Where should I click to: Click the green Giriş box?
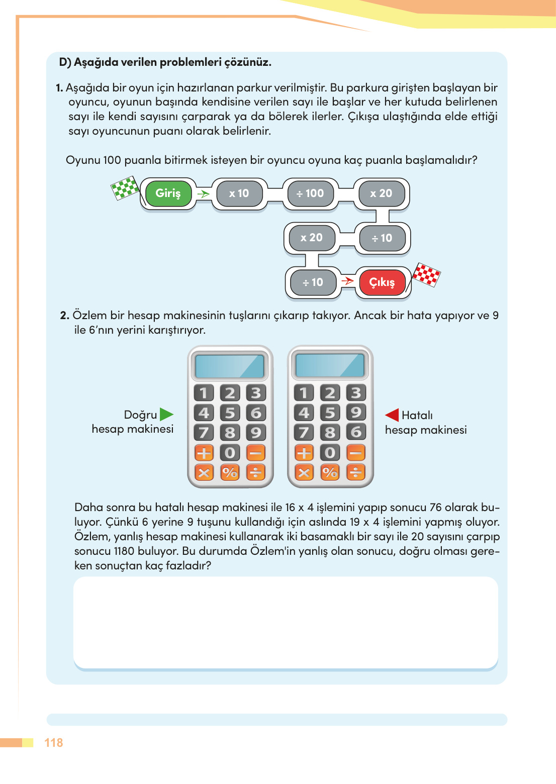tap(168, 193)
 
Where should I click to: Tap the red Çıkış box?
tap(382, 282)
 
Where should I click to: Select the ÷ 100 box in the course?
tap(310, 193)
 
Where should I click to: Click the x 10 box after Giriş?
tap(239, 193)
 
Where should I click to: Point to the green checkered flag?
tap(125, 188)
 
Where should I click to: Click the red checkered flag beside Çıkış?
tap(426, 274)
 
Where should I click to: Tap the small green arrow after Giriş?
tap(203, 193)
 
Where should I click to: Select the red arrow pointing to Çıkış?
tap(347, 280)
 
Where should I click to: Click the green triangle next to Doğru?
tap(166, 415)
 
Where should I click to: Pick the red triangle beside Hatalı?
tap(392, 415)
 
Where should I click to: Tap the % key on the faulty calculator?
tap(330, 472)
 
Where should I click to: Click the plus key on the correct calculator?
tap(204, 453)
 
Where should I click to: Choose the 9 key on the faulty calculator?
tap(356, 413)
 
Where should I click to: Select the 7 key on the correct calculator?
tap(204, 433)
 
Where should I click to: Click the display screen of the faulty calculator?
tap(330, 365)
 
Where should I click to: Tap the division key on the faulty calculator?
tap(356, 472)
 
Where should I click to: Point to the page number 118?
tap(54, 743)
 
